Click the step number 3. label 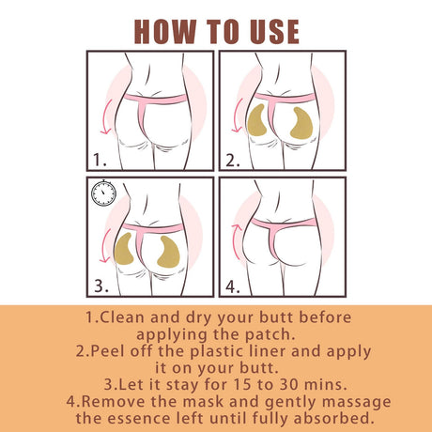pos(105,282)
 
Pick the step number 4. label pos(235,282)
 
